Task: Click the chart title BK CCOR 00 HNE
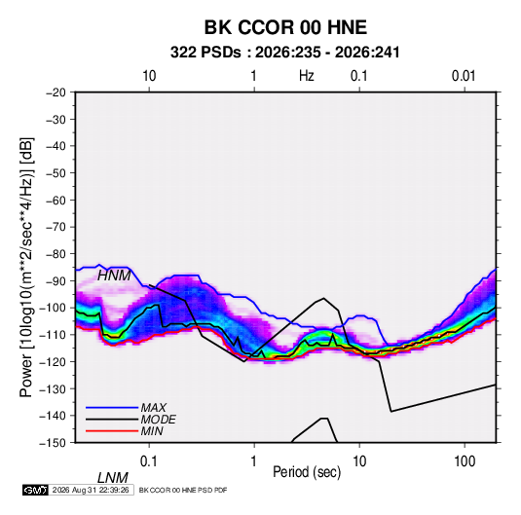coord(285,27)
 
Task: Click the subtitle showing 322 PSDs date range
coord(284,53)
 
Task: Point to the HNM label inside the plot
coord(114,276)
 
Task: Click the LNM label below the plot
coord(113,478)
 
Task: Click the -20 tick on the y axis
coord(56,92)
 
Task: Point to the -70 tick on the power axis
coord(56,227)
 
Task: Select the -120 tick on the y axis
coord(53,362)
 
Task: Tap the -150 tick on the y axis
coord(53,443)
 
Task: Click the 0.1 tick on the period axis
coord(149,461)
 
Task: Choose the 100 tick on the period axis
coord(465,461)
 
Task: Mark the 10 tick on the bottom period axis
coord(359,461)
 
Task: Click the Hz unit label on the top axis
coord(307,76)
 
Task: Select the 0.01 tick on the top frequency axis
coord(464,76)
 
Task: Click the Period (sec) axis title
coord(307,472)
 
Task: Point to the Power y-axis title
coord(26,267)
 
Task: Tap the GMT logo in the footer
coord(36,490)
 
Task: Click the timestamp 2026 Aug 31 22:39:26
coord(91,490)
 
